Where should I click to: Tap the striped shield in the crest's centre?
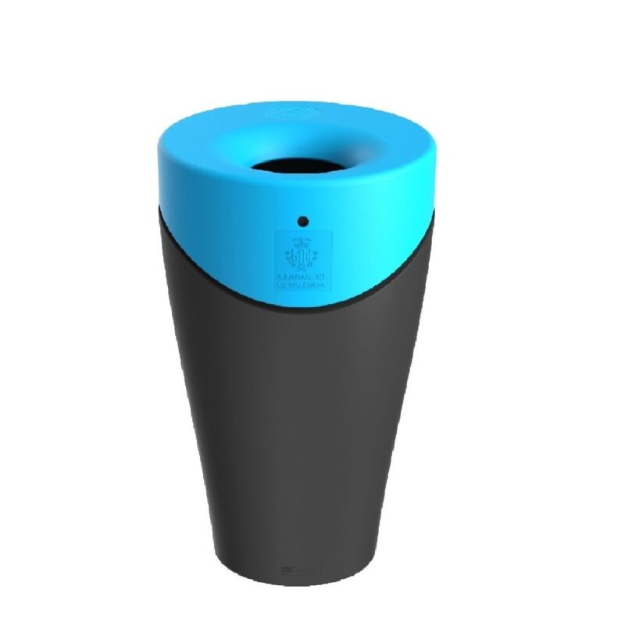[x=302, y=258]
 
